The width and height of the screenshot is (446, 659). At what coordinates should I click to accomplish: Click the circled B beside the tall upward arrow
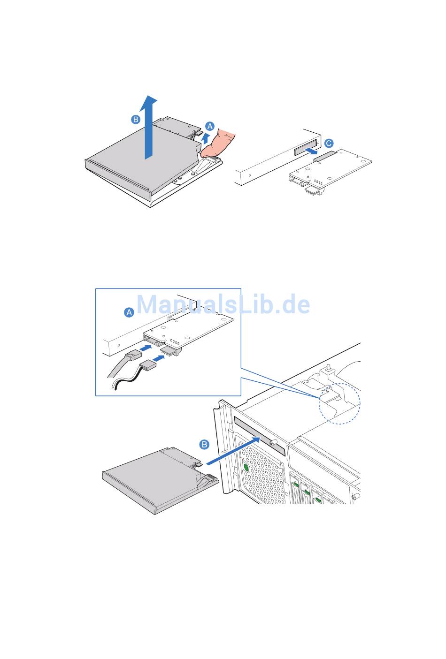[x=135, y=120]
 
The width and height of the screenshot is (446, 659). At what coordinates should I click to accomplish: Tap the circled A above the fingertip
[x=209, y=126]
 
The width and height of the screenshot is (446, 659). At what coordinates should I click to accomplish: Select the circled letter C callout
[x=329, y=143]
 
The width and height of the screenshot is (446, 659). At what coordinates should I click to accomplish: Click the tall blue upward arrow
[x=149, y=127]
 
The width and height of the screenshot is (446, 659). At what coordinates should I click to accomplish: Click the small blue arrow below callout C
[x=311, y=151]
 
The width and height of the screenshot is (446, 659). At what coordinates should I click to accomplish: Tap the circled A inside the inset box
[x=129, y=312]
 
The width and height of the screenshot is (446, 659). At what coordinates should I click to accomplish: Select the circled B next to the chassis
[x=204, y=444]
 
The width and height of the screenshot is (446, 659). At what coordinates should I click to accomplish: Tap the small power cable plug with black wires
[x=148, y=367]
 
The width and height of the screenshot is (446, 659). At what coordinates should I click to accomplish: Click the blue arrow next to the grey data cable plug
[x=145, y=348]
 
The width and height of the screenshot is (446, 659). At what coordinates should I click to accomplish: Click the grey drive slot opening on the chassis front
[x=260, y=436]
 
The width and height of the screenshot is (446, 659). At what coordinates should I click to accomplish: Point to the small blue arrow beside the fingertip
[x=206, y=138]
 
